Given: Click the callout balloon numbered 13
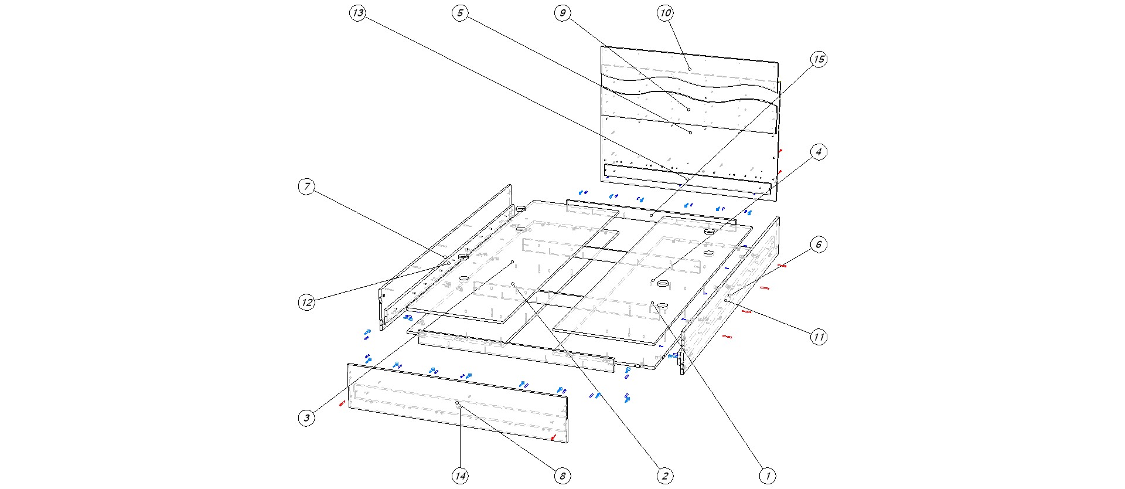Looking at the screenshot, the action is point(358,13).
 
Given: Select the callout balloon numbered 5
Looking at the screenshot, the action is point(461,13).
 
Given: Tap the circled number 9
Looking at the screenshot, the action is point(562,13).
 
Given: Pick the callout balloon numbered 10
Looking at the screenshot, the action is point(666,13).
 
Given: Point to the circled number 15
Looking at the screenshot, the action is point(819,59).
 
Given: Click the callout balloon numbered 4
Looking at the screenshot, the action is point(819,152).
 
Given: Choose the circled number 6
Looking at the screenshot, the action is point(819,244).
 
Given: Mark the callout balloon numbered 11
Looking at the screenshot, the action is point(819,337).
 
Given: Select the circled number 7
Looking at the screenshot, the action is point(306,187).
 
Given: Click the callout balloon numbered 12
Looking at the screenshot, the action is point(306,303).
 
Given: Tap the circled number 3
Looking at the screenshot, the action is point(306,418).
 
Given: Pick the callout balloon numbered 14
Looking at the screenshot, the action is point(461,476).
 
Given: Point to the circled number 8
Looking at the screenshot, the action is point(562,476).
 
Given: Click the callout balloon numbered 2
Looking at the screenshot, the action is point(664,476).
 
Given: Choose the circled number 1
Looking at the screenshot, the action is point(767,476).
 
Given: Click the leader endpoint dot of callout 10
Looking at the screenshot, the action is point(690,69).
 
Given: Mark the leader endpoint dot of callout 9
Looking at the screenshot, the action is point(689,110).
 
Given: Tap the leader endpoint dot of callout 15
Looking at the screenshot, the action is point(652,216).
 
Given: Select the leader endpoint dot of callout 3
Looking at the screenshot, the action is point(513,262).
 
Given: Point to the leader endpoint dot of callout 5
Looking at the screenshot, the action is point(691,133).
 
